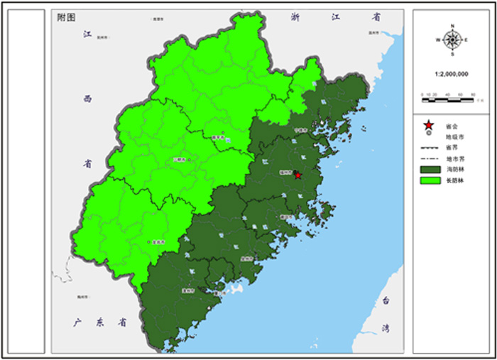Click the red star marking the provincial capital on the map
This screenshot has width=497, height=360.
[298, 175]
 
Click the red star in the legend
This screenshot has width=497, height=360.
[428, 125]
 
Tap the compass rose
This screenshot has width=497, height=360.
[452, 40]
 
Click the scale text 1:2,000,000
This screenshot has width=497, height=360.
[452, 73]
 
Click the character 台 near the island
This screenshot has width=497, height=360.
[386, 300]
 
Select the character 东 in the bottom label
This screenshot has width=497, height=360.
[100, 322]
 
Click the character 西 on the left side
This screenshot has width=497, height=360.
[88, 99]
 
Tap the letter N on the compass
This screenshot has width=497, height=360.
[452, 26]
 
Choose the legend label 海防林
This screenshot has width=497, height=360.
[452, 170]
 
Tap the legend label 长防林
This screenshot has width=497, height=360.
[452, 182]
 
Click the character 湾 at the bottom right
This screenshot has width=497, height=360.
[386, 328]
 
